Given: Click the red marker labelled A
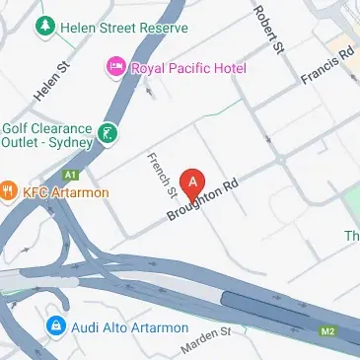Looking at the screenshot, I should [x=194, y=181].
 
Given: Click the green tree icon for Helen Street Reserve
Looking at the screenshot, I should [x=43, y=27].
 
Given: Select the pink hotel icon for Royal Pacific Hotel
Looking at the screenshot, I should [x=114, y=68].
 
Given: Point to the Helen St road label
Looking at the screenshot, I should [x=47, y=84].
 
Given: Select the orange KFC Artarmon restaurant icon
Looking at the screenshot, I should [x=8, y=190].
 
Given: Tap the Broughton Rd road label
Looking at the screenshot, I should [x=204, y=198].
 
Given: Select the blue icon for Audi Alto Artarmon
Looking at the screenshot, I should [x=56, y=325].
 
